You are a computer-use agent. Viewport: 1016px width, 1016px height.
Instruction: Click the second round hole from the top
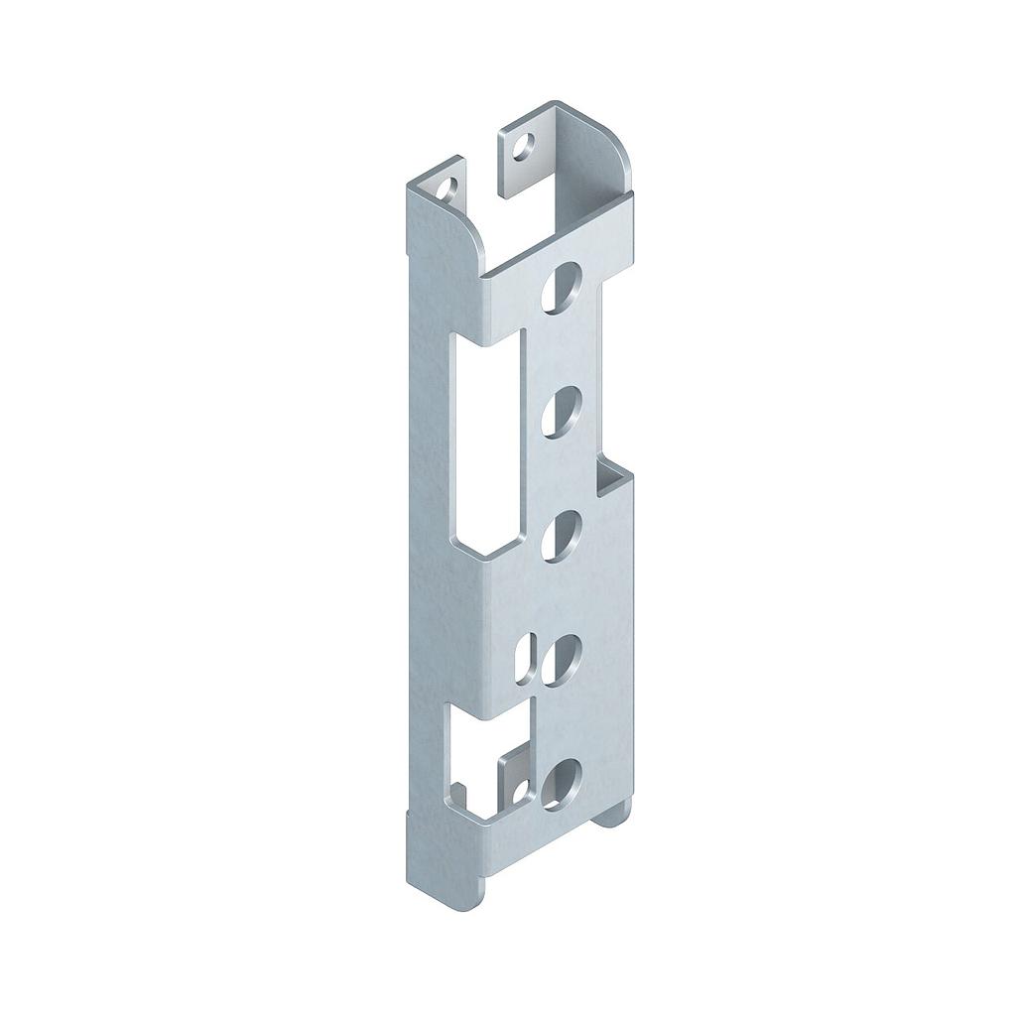(x=562, y=409)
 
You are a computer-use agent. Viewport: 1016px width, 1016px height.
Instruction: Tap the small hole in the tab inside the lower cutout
(x=519, y=790)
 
